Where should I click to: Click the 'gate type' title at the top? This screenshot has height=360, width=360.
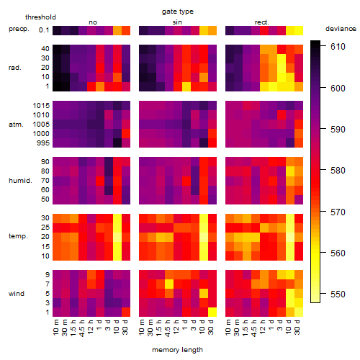178,12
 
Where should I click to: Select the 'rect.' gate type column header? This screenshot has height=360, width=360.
261,22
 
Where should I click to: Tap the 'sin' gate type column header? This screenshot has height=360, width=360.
177,22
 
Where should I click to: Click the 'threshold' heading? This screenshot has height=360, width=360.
40,17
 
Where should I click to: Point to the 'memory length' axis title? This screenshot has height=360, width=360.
177,350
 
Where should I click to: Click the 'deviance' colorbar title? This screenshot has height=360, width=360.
341,29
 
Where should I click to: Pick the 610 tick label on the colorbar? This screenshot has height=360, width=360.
338,47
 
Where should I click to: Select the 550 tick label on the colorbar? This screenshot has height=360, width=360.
338,294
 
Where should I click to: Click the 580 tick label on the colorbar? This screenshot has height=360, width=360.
338,171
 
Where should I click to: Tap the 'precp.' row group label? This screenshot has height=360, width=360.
19,29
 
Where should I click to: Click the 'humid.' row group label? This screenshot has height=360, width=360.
20,181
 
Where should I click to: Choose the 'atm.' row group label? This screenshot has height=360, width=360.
16,125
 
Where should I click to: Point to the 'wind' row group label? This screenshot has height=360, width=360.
17,294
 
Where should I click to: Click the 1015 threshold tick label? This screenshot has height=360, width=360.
41,106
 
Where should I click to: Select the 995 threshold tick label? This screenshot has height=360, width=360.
43,143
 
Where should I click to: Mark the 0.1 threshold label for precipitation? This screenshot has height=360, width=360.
44,30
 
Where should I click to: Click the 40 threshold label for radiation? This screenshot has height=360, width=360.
45,49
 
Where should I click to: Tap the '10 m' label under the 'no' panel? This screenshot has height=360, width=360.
56,327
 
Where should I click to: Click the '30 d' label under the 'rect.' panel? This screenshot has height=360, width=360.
297,327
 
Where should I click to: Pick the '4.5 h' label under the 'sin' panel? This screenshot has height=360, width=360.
168,328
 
